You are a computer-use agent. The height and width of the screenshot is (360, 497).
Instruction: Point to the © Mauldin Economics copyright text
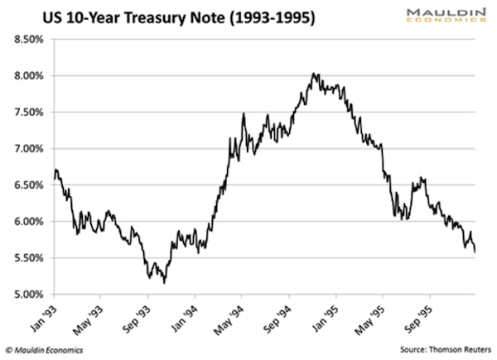[50, 348]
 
